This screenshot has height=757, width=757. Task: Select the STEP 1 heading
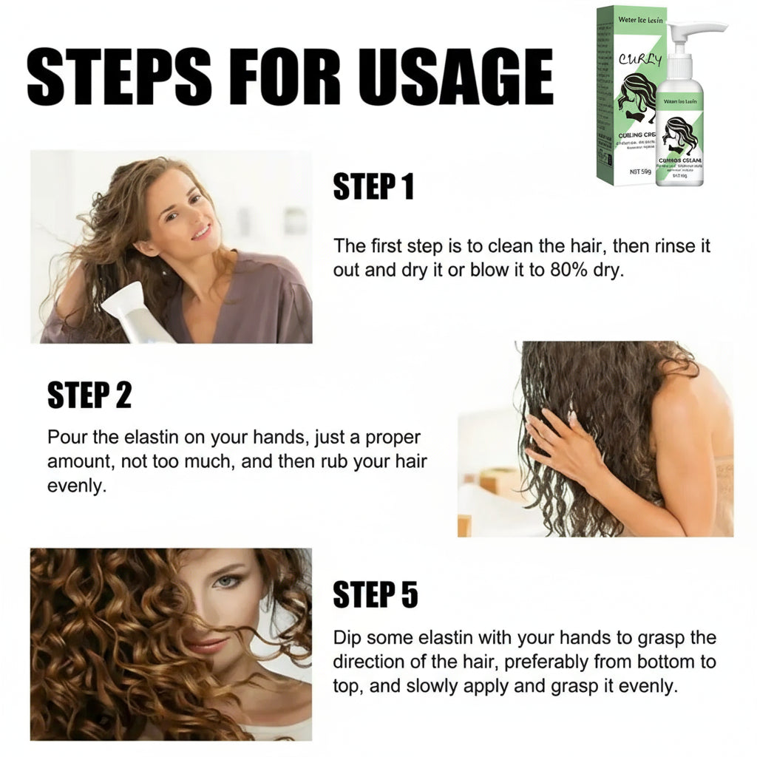[x=373, y=188]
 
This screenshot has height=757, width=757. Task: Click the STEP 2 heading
[x=89, y=396]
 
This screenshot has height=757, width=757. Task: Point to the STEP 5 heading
[x=376, y=594]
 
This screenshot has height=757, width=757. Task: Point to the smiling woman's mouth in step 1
[x=201, y=233]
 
